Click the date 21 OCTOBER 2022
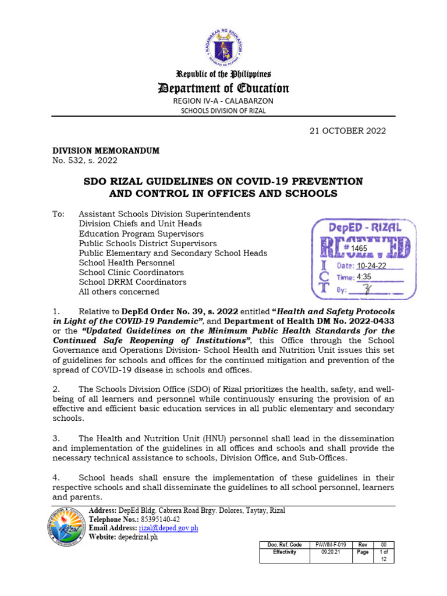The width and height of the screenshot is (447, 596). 347,131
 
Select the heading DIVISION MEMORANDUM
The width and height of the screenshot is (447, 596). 106,151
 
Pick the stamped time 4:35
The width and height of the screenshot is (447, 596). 364,277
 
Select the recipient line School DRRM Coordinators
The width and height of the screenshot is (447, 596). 133,282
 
